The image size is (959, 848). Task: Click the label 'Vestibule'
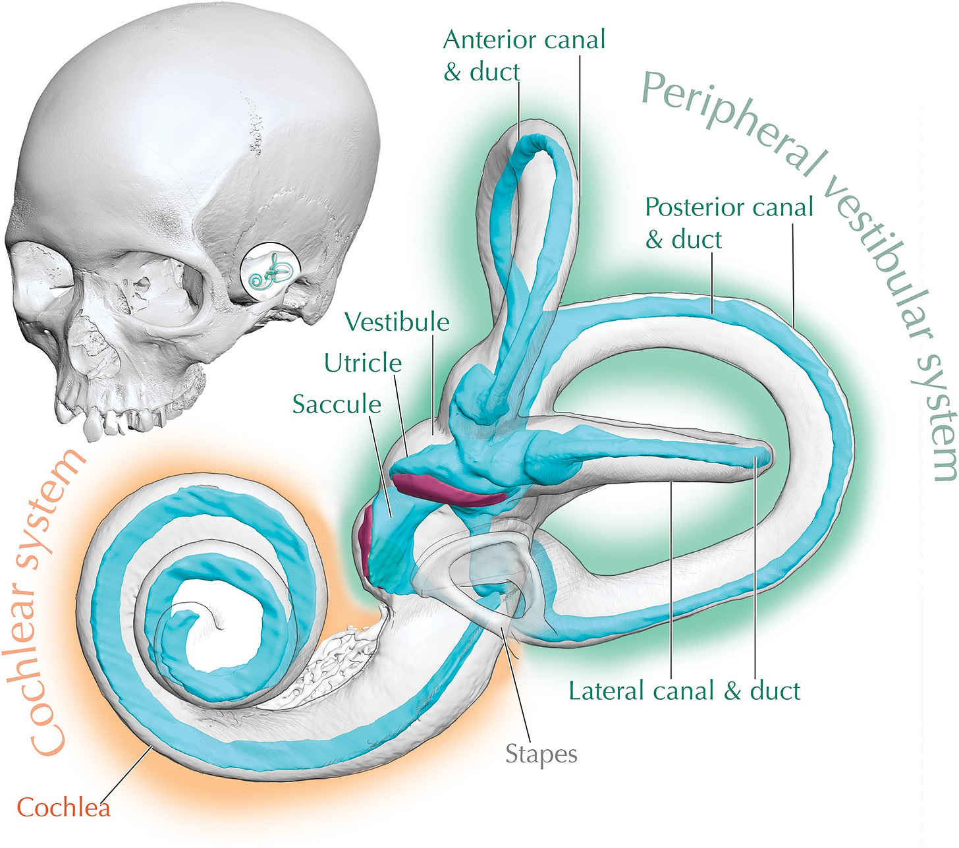(397, 322)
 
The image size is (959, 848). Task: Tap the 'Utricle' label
(363, 363)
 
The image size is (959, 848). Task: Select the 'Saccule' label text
(337, 404)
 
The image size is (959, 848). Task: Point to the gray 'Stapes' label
(541, 754)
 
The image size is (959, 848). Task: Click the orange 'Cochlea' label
(63, 807)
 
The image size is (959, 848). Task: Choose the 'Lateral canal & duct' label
(684, 691)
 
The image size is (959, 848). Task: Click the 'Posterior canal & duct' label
(728, 223)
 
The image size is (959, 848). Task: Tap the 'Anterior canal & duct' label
(524, 55)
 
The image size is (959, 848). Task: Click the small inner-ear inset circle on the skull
(271, 273)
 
